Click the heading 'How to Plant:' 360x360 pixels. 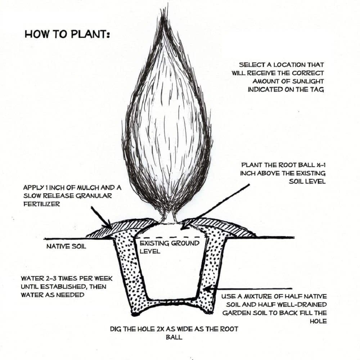(67, 34)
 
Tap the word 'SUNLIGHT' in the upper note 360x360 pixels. (307, 81)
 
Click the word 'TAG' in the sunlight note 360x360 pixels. (316, 90)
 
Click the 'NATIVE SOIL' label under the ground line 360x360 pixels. (66, 247)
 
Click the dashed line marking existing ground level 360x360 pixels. (169, 238)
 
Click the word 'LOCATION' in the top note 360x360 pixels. (287, 65)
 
